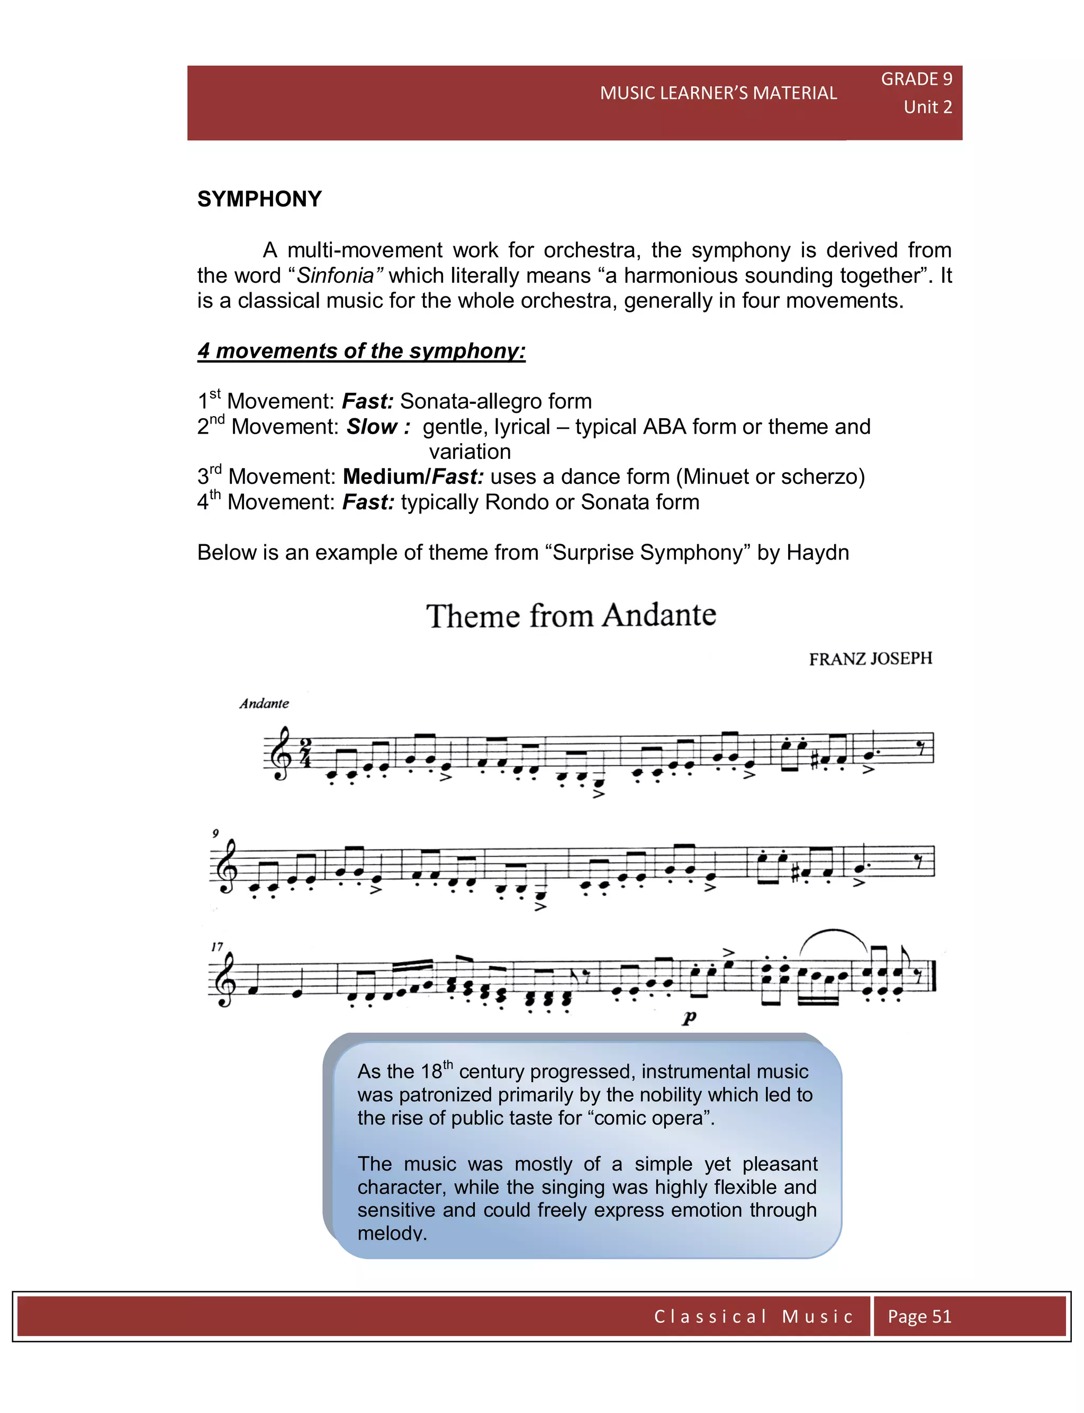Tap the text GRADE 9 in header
(x=916, y=79)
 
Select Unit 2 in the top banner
(x=927, y=107)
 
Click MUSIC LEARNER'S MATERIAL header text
(x=718, y=93)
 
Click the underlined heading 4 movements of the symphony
(x=362, y=351)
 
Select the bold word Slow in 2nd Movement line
(x=372, y=427)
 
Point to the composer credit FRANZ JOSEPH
(x=870, y=659)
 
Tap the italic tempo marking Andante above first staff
(x=264, y=703)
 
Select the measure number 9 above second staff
(x=215, y=834)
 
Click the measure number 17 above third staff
(x=217, y=947)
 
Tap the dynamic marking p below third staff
(x=689, y=1018)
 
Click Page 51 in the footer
(x=919, y=1316)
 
